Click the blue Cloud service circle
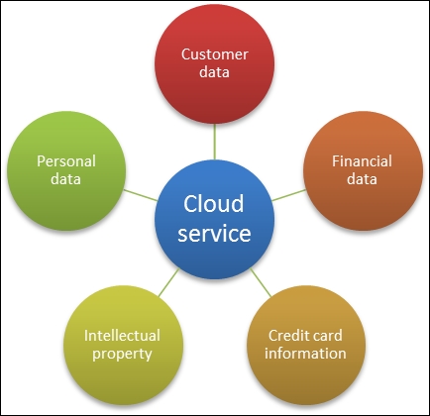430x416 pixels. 214,219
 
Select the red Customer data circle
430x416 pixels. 214,63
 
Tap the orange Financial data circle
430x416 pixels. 363,170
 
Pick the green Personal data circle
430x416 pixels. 66,170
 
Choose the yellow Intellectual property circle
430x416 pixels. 123,345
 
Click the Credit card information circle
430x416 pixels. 306,345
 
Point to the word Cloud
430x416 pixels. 214,204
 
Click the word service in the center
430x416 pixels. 214,233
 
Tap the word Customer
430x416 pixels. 215,54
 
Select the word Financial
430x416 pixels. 362,161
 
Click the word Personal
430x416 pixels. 66,161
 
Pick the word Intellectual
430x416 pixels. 122,336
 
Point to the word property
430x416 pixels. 122,355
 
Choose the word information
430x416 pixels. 305,354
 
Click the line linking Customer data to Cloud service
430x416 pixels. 214,142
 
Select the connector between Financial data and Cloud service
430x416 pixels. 289,195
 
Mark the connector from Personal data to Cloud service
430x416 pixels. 140,195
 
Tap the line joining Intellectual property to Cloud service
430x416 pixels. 168,282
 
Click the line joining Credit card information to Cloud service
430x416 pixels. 261,282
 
